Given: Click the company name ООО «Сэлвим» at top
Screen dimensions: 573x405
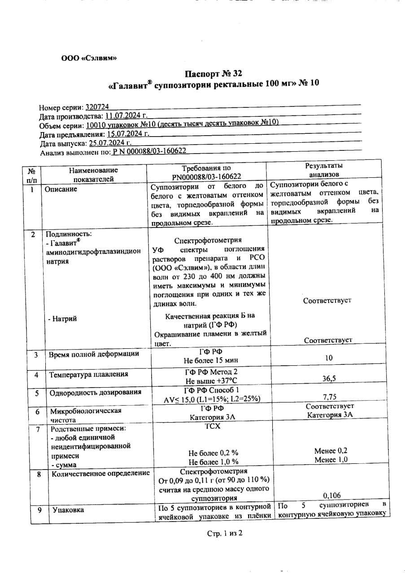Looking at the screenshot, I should (89, 58).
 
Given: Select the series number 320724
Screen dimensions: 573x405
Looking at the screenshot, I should (97, 107).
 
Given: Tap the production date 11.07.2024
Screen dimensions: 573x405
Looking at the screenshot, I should (123, 116).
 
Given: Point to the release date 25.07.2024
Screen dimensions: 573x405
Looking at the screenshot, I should (110, 143).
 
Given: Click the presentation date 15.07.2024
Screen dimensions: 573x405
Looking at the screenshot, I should (128, 134).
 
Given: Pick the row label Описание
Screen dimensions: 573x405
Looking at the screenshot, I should (61, 189).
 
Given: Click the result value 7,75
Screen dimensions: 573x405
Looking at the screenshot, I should (330, 397).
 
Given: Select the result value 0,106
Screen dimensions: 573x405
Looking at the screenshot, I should (331, 495).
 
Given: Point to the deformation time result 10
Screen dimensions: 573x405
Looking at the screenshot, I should (329, 358).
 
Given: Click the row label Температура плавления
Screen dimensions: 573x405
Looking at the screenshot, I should (89, 374).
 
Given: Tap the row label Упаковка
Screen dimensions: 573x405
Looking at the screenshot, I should (67, 509).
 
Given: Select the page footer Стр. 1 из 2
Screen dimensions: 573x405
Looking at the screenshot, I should (224, 533).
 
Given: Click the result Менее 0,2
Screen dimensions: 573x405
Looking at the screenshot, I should (331, 451).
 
